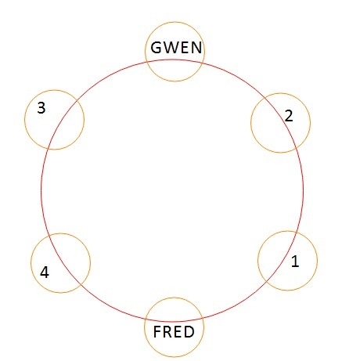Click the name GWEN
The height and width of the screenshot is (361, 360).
coord(176,48)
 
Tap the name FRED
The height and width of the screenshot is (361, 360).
coord(174,332)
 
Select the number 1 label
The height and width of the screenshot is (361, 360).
coord(295,261)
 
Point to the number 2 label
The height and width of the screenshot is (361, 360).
coord(289,116)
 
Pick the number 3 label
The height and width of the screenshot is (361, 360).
coord(41,107)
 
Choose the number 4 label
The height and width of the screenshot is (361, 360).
coord(45,273)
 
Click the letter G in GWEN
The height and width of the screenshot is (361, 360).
coord(157,48)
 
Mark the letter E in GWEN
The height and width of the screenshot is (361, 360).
coord(184,48)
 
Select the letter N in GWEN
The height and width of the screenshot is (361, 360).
coord(196,48)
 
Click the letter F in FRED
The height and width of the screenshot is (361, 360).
coord(157,332)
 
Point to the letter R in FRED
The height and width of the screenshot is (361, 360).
coord(167,332)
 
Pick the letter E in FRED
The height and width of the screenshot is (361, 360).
coord(178,332)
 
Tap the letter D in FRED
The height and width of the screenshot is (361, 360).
coord(189,332)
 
